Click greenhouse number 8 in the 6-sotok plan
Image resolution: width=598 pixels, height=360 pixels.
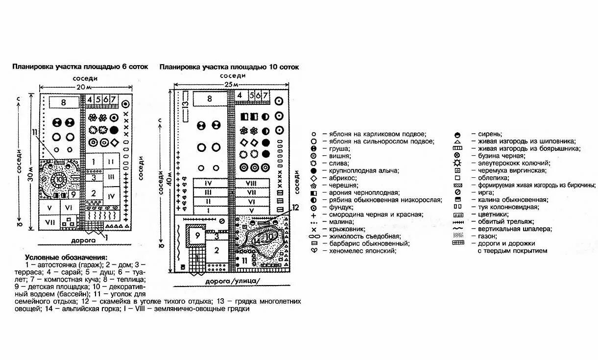(64, 102)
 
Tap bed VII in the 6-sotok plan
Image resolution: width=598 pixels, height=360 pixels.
(49, 222)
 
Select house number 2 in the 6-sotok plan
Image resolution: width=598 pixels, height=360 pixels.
(94, 193)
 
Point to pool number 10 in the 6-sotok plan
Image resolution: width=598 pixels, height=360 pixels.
(59, 180)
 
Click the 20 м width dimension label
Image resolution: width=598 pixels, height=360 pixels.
(84, 86)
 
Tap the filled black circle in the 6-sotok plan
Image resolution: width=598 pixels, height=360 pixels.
(114, 130)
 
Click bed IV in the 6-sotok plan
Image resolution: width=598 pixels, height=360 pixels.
(111, 196)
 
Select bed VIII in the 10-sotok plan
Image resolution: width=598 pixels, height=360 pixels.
(252, 183)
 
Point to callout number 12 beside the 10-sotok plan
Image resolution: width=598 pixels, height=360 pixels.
(295, 207)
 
